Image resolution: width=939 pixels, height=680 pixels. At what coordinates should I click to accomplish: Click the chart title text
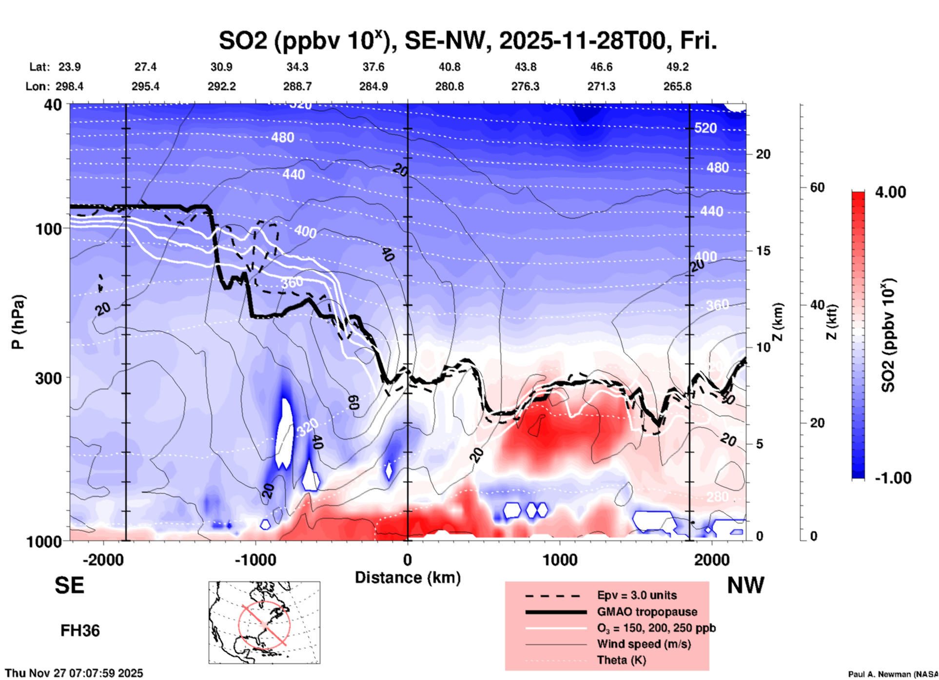pyautogui.click(x=468, y=41)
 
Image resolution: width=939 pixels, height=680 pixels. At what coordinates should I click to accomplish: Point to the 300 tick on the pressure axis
pyautogui.click(x=48, y=378)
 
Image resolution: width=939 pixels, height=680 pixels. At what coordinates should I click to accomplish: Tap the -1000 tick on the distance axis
pyautogui.click(x=255, y=560)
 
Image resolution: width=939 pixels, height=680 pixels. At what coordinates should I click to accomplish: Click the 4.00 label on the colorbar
pyautogui.click(x=890, y=192)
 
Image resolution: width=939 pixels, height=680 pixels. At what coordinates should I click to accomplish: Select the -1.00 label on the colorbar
pyautogui.click(x=893, y=478)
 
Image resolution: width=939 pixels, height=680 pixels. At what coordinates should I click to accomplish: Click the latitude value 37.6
pyautogui.click(x=373, y=67)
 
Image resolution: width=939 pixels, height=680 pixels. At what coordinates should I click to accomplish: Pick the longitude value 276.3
pyautogui.click(x=525, y=86)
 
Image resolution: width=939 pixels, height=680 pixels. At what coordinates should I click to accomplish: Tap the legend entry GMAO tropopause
pyautogui.click(x=647, y=612)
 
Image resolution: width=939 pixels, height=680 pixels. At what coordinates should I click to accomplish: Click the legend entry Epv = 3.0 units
pyautogui.click(x=637, y=595)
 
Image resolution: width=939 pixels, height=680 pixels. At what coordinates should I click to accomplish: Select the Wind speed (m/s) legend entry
pyautogui.click(x=644, y=644)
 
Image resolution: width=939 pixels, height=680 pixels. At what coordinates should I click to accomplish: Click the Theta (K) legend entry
pyautogui.click(x=621, y=660)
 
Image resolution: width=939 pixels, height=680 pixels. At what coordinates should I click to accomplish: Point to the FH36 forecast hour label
pyautogui.click(x=80, y=631)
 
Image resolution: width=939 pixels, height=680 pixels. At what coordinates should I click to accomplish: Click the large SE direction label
pyautogui.click(x=69, y=585)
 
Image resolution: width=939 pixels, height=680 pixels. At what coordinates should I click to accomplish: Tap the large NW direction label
pyautogui.click(x=745, y=585)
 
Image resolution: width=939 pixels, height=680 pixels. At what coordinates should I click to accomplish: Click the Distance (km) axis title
pyautogui.click(x=408, y=578)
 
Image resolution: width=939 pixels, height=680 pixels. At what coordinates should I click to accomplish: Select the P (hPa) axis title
pyautogui.click(x=18, y=322)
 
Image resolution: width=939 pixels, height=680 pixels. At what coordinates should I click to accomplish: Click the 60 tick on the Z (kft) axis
pyautogui.click(x=817, y=187)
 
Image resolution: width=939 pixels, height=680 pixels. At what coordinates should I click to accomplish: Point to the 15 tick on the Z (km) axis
pyautogui.click(x=763, y=251)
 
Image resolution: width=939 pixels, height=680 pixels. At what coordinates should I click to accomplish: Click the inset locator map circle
pyautogui.click(x=264, y=624)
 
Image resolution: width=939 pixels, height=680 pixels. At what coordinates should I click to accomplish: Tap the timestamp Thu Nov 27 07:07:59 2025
pyautogui.click(x=74, y=673)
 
